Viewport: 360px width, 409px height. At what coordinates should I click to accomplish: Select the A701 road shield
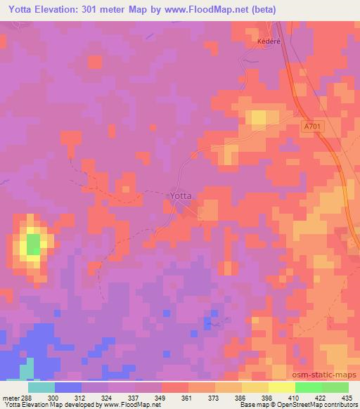coord(315,126)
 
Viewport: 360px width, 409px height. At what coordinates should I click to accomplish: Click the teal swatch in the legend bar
coord(41,387)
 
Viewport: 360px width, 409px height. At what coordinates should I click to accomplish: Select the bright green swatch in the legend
coord(308,387)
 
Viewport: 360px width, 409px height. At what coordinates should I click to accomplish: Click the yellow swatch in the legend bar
coord(281,387)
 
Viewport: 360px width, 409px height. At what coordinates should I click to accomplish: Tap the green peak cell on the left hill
coord(32,245)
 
